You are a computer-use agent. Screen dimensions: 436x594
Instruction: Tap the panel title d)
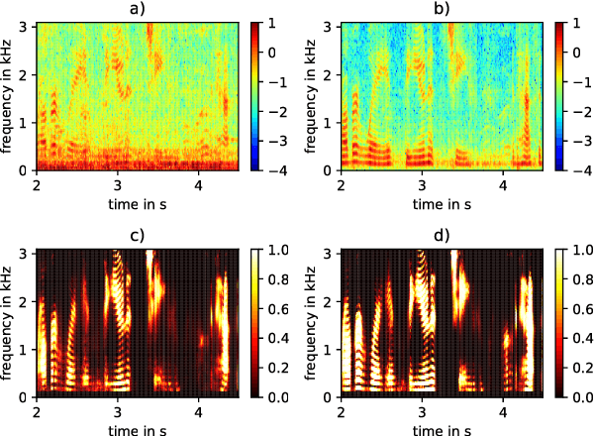click(x=442, y=236)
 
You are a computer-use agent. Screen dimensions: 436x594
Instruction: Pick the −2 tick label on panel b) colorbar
click(x=578, y=111)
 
